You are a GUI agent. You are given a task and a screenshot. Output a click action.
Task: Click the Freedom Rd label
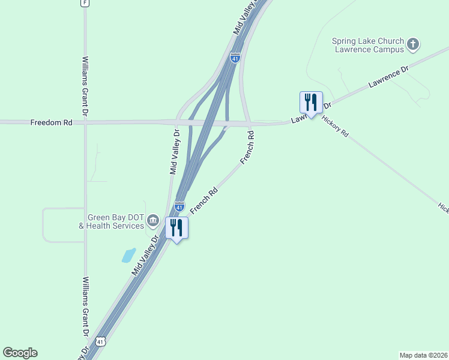(51, 122)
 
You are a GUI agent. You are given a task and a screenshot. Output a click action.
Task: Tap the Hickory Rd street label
(336, 125)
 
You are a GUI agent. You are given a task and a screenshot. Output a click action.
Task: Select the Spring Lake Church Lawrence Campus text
(368, 46)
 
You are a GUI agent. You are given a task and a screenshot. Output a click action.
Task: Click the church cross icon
(412, 44)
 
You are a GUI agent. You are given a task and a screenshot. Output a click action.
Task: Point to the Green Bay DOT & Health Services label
(112, 221)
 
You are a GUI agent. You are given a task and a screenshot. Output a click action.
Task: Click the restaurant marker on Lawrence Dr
(311, 103)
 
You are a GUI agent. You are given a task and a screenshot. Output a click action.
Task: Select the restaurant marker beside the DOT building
(176, 228)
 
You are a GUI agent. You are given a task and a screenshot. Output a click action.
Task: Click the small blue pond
(128, 256)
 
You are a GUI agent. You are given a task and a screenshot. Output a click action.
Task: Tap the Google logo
(20, 353)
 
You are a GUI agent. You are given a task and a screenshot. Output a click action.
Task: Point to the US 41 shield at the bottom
(101, 341)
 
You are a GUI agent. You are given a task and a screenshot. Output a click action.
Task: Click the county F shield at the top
(85, 3)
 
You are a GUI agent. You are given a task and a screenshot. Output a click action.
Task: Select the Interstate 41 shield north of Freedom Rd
(235, 58)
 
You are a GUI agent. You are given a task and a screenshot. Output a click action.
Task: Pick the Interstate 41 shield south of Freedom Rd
(179, 206)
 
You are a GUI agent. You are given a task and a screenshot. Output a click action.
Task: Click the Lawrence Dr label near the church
(388, 77)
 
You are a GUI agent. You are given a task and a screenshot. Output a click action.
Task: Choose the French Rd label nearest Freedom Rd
(247, 148)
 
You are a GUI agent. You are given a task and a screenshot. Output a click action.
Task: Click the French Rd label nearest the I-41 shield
(203, 201)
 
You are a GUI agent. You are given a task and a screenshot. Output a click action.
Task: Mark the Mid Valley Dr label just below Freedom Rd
(175, 151)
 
